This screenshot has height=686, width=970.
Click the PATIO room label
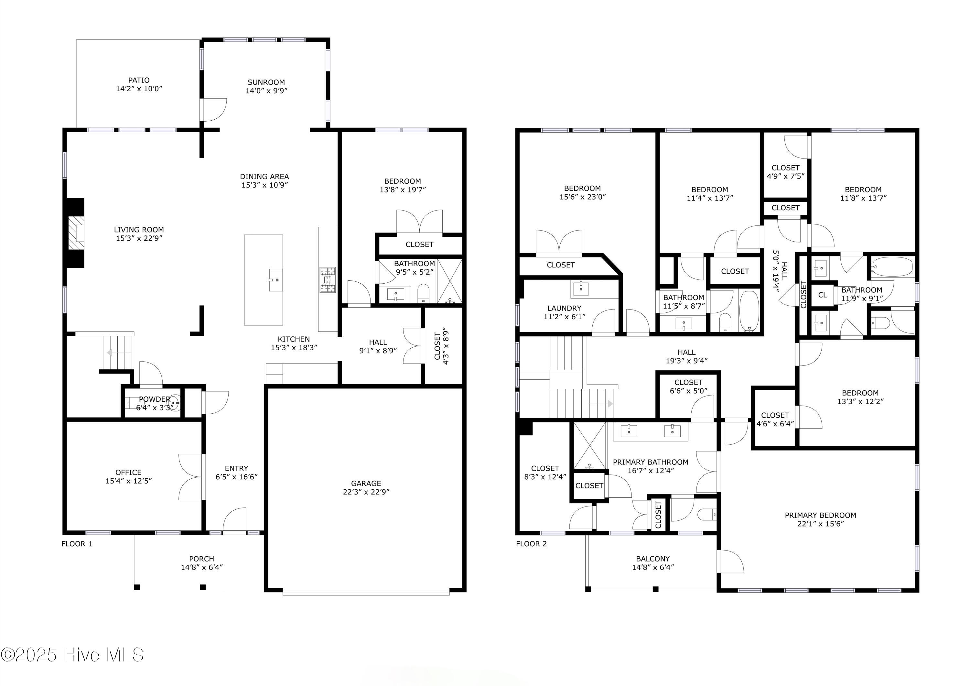pyautogui.click(x=139, y=80)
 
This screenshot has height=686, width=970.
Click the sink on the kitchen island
pyautogui.click(x=275, y=279)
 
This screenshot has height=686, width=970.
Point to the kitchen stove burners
pyautogui.click(x=328, y=280)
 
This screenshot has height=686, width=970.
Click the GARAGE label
pyautogui.click(x=366, y=483)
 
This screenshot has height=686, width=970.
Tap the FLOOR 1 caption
pyautogui.click(x=77, y=544)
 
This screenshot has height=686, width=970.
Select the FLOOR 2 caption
pyautogui.click(x=532, y=544)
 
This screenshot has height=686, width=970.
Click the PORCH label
pyautogui.click(x=201, y=559)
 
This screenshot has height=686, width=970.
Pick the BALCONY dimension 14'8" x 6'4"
pyautogui.click(x=653, y=567)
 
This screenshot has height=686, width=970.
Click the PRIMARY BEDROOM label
pyautogui.click(x=820, y=515)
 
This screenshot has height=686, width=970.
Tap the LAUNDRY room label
pyautogui.click(x=565, y=308)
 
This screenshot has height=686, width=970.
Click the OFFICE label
pyautogui.click(x=128, y=472)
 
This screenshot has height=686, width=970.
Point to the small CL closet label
pyautogui.click(x=823, y=295)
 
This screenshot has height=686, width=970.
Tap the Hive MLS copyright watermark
pyautogui.click(x=72, y=655)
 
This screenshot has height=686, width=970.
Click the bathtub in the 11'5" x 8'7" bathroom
pyautogui.click(x=749, y=311)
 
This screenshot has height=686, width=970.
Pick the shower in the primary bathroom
pyautogui.click(x=590, y=445)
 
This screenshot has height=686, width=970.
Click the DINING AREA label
pyautogui.click(x=265, y=176)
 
